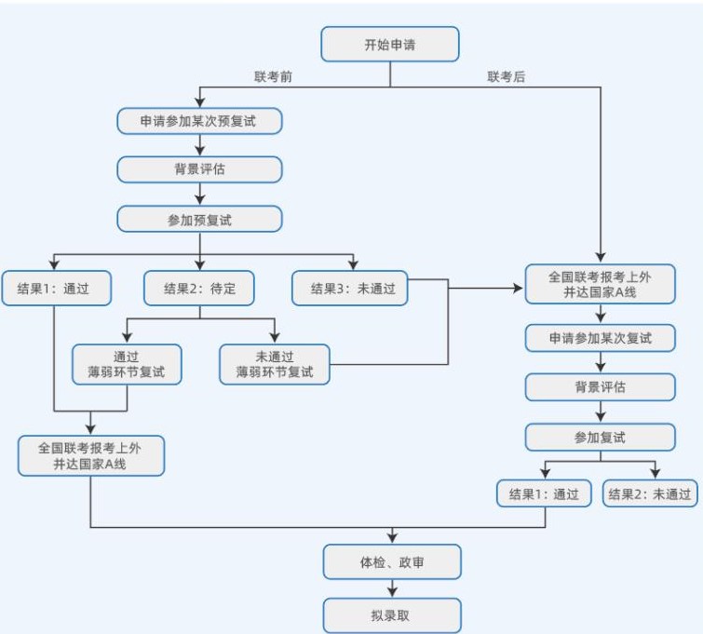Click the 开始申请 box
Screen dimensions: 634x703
390,45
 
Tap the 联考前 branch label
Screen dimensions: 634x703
273,77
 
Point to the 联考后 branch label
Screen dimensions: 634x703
507,77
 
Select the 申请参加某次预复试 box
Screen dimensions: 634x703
199,121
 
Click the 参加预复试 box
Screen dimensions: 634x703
199,219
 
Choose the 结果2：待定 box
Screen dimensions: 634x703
199,288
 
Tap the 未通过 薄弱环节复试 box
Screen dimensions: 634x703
275,364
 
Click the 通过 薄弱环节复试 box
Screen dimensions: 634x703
126,364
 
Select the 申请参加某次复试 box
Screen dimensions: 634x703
600,338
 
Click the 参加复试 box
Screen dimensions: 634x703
600,437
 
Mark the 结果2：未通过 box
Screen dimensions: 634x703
650,493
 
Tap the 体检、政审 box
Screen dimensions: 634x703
392,561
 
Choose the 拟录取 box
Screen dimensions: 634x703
392,615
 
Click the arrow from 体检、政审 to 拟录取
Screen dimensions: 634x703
392,588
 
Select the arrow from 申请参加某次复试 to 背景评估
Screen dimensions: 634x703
600,362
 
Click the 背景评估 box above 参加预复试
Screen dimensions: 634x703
199,169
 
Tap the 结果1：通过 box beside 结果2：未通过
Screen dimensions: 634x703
544,493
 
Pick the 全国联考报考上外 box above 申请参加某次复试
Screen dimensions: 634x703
600,284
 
